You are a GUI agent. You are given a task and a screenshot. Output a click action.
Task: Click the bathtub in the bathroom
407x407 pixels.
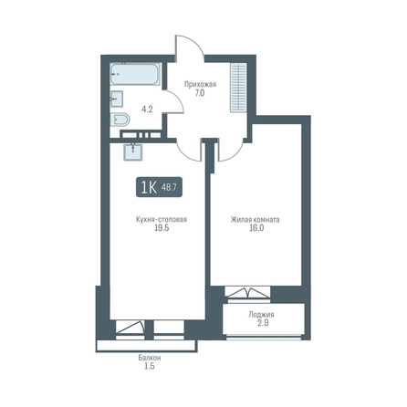click(135, 74)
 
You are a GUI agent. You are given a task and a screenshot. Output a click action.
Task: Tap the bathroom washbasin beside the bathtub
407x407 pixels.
click(117, 99)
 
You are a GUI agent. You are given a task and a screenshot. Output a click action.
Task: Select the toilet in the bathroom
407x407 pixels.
click(120, 120)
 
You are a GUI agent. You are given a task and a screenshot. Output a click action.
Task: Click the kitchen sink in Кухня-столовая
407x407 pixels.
click(133, 151)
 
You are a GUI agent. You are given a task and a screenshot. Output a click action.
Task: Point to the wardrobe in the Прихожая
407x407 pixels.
click(238, 88)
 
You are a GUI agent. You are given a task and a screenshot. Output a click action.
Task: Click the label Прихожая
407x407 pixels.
click(200, 84)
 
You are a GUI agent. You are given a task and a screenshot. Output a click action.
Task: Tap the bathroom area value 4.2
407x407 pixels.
click(147, 110)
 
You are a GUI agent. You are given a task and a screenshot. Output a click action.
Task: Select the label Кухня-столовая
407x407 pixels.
click(162, 219)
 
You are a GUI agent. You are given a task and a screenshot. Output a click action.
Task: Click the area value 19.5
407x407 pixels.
click(162, 228)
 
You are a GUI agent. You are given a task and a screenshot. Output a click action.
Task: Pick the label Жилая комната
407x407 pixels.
click(256, 219)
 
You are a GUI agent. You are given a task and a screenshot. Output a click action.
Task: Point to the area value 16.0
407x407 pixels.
click(256, 228)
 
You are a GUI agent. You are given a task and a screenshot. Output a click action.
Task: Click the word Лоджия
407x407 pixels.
click(261, 314)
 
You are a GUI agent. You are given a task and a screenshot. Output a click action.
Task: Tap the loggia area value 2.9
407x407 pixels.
click(263, 323)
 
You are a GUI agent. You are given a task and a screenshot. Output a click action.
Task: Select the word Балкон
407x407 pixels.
click(150, 358)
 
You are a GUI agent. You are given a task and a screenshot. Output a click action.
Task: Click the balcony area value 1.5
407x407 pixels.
click(149, 366)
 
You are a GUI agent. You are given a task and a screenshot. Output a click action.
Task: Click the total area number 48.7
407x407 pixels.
click(169, 187)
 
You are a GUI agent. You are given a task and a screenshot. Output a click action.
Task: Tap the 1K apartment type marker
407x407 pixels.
click(149, 187)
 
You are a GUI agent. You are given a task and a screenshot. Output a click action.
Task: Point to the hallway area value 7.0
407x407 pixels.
click(200, 93)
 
